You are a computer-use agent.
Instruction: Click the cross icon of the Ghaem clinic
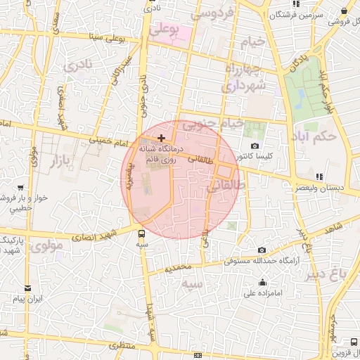tap(162, 137)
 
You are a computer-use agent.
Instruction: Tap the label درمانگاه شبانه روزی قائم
tap(161, 154)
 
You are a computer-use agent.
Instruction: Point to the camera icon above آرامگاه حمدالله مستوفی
tap(262, 250)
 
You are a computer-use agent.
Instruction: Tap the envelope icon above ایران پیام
tap(27, 288)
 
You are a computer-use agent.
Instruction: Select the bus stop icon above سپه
tap(143, 234)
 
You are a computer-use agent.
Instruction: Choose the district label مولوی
tap(48, 247)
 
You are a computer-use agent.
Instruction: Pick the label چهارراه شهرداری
tap(243, 77)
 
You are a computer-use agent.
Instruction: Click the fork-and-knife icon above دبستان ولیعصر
tap(319, 176)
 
